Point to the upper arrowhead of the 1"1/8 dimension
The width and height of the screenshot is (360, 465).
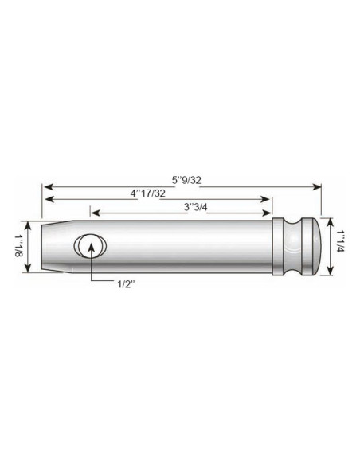(x=29, y=224)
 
